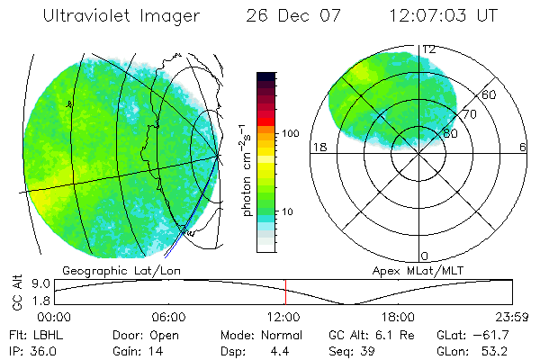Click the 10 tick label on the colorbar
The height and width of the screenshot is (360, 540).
(x=291, y=212)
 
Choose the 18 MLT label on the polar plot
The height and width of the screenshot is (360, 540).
(x=317, y=147)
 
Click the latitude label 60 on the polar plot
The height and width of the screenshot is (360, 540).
(x=490, y=94)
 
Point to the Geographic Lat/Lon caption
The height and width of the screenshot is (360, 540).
(x=110, y=270)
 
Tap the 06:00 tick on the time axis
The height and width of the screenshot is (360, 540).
(x=168, y=317)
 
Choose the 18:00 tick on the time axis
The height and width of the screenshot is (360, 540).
(x=398, y=317)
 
